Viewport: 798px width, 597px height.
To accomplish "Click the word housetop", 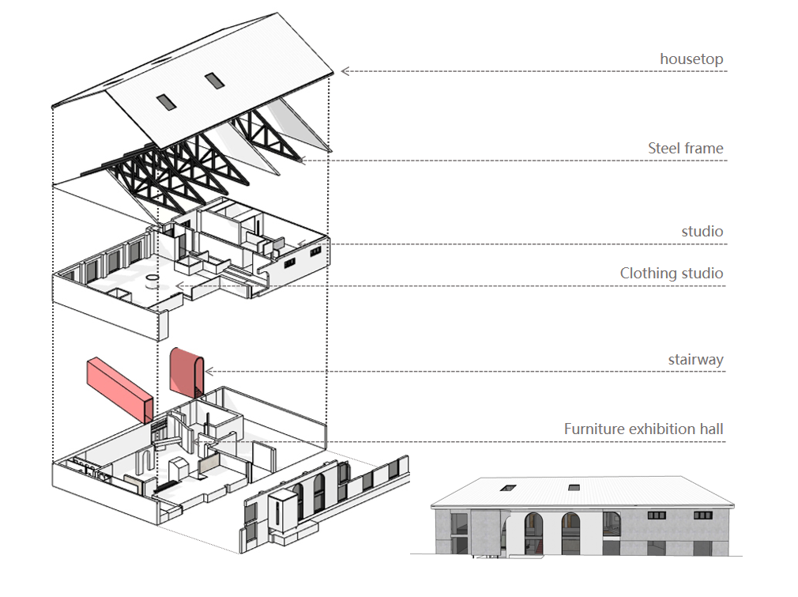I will click(x=691, y=59).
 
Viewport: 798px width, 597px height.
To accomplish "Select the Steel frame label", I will click(x=685, y=148).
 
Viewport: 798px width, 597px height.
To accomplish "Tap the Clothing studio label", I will click(x=671, y=274).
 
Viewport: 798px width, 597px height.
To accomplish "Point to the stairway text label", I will click(x=695, y=360).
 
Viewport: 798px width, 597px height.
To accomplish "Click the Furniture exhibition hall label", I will click(x=643, y=429).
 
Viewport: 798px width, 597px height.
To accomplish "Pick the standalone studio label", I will click(x=702, y=232).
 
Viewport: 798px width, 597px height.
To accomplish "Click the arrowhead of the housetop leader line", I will click(x=345, y=71).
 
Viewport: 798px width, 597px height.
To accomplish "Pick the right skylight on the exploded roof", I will click(x=214, y=79).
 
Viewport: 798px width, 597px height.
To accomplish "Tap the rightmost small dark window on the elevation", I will click(x=702, y=515).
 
